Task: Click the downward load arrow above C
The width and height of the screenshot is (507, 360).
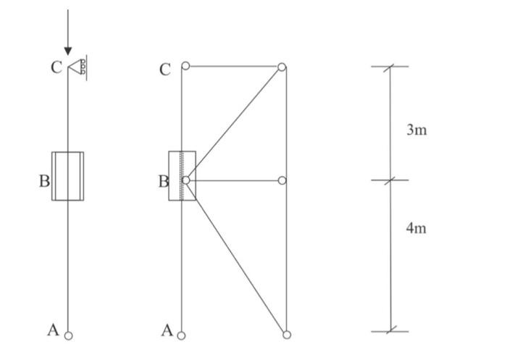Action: point(68,33)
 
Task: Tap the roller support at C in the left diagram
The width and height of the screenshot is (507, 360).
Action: point(77,67)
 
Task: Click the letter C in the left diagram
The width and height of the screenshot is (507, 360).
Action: point(56,68)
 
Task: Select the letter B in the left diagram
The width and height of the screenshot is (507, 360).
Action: point(44,181)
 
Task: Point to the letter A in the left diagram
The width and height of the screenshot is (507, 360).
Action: point(52,330)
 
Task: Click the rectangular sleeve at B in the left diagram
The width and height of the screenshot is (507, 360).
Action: point(68,176)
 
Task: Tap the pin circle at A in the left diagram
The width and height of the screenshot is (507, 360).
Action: point(68,335)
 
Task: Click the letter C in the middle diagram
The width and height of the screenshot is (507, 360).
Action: point(165,70)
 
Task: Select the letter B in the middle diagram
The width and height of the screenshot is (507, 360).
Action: point(163,181)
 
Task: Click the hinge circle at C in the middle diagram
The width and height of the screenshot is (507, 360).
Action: point(185,66)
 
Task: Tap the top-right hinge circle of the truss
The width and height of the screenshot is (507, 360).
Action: point(282,67)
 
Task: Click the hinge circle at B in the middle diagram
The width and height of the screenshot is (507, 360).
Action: point(185,180)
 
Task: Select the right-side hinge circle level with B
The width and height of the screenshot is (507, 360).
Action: point(282,180)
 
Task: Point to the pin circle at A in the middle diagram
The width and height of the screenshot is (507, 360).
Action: point(181,335)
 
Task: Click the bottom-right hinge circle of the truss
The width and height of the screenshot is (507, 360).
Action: point(287,335)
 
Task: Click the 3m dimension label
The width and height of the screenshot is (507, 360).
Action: point(416,130)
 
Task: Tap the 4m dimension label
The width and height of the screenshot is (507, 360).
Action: point(416,228)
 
